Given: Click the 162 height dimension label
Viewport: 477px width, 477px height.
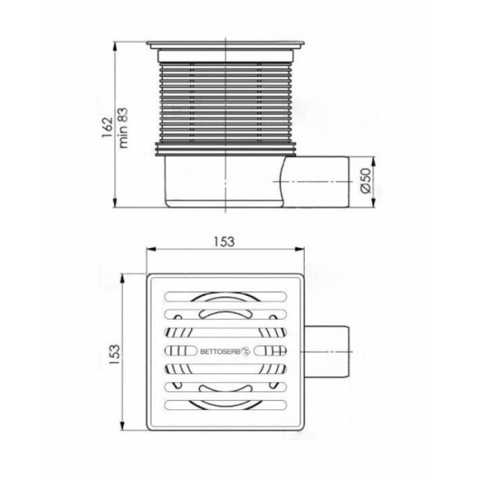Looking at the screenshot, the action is [x=107, y=127].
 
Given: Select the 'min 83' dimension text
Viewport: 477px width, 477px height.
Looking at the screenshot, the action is [x=123, y=128].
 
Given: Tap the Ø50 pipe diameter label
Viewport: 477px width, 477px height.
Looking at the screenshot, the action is [x=366, y=181].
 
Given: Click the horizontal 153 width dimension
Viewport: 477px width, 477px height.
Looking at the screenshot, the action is [x=225, y=242].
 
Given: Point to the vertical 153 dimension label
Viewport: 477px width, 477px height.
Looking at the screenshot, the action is [x=114, y=355].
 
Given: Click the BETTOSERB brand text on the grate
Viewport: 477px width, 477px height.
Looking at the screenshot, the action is [x=221, y=352].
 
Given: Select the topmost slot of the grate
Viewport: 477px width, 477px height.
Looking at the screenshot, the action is [x=225, y=296].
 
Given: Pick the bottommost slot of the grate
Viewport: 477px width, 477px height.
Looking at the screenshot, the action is [x=225, y=404].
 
